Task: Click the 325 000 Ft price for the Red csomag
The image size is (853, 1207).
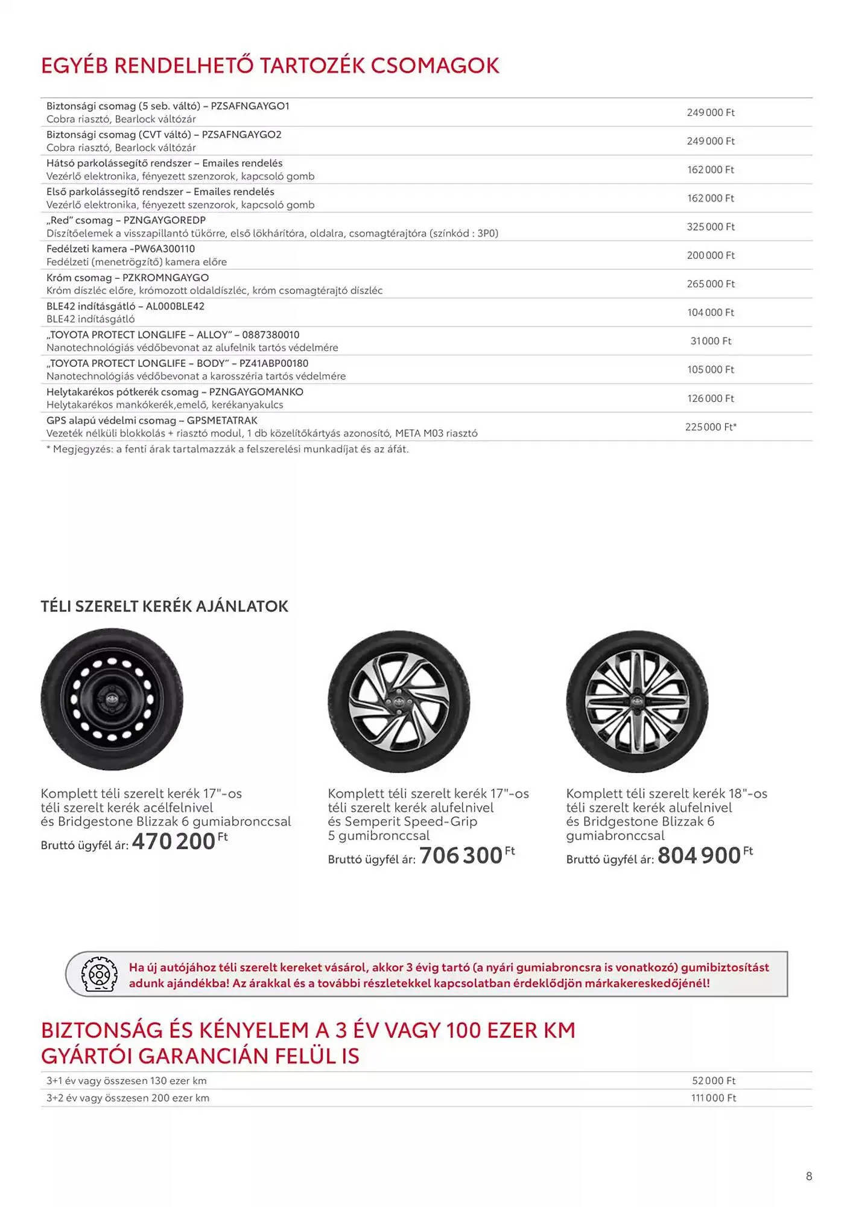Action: point(711,227)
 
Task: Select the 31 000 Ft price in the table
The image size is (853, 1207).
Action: point(711,341)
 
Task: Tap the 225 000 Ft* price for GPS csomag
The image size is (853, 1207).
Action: point(711,427)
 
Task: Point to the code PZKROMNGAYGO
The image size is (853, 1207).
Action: point(165,278)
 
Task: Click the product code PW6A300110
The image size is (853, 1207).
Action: point(164,249)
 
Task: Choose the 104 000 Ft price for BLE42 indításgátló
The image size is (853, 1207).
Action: point(711,313)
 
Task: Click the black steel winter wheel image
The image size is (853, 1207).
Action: point(112,699)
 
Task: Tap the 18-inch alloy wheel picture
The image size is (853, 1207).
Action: point(637,701)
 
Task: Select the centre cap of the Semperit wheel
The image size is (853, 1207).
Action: point(398,702)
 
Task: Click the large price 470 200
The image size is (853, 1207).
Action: point(174,841)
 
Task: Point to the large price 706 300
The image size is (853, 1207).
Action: point(461,855)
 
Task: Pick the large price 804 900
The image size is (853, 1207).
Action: point(699,855)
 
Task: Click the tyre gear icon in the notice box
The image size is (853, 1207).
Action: point(99,975)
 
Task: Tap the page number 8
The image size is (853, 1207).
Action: point(809,1176)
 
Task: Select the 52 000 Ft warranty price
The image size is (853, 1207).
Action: point(714,1081)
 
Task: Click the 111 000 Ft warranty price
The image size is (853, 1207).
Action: point(714,1098)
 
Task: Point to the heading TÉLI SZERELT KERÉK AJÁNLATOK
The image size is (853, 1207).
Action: point(165,607)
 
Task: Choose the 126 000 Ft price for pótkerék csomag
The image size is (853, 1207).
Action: point(711,398)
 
